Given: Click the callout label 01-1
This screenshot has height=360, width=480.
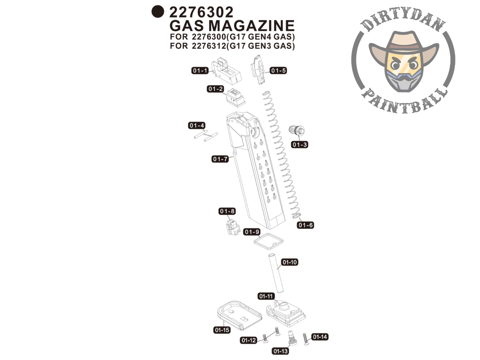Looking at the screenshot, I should [x=200, y=71].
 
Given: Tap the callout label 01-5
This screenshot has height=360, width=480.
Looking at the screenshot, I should [x=278, y=71].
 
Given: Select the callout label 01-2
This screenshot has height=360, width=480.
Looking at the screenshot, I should [x=215, y=89].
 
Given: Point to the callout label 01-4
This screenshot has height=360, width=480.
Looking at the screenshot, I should [x=197, y=126].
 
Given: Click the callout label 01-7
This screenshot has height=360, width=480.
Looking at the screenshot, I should [x=220, y=159].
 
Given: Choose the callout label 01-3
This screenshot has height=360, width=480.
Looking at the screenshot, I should [x=300, y=144].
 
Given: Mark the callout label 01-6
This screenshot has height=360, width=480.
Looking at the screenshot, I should [x=305, y=225].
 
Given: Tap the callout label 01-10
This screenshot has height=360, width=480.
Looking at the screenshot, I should [x=290, y=262].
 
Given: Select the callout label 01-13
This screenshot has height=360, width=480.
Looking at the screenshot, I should [x=280, y=351].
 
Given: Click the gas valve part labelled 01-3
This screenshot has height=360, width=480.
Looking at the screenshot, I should [x=296, y=130].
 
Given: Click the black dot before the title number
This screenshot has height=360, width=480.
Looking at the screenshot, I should [x=158, y=12].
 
